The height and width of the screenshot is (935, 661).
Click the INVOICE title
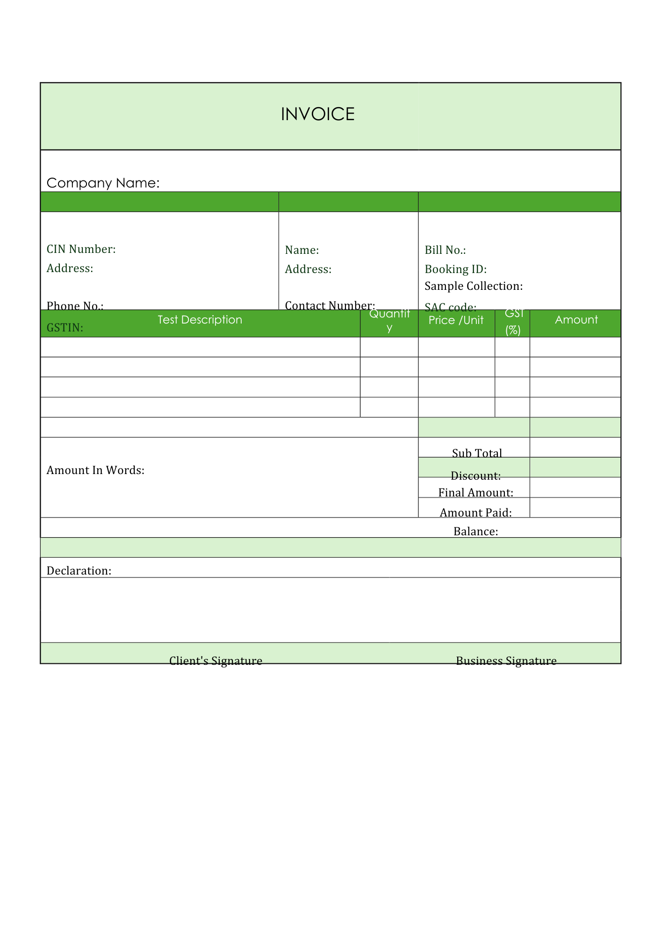click(x=317, y=114)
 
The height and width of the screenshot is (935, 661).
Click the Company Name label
click(x=103, y=183)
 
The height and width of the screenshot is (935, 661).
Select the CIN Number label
click(x=81, y=249)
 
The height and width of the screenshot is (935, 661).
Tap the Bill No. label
click(x=445, y=250)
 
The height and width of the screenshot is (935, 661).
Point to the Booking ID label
click(x=455, y=269)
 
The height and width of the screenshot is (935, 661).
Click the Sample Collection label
click(x=473, y=286)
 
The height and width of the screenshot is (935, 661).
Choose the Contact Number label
click(x=330, y=305)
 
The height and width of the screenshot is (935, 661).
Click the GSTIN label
click(x=65, y=328)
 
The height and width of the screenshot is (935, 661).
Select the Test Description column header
click(x=200, y=320)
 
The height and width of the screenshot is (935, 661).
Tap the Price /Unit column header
click(x=455, y=320)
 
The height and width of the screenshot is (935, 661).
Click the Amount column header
click(x=576, y=320)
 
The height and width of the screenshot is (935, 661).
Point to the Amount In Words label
click(x=95, y=470)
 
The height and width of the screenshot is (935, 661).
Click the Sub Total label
click(x=476, y=453)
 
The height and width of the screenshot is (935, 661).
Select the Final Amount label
click(x=475, y=493)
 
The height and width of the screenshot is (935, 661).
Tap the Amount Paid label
click(x=475, y=513)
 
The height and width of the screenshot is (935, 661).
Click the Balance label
click(x=475, y=532)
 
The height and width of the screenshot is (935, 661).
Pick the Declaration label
click(x=79, y=571)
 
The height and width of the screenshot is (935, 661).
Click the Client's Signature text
click(x=216, y=661)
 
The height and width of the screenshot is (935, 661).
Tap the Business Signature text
click(x=506, y=661)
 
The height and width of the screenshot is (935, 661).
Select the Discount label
click(x=475, y=476)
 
